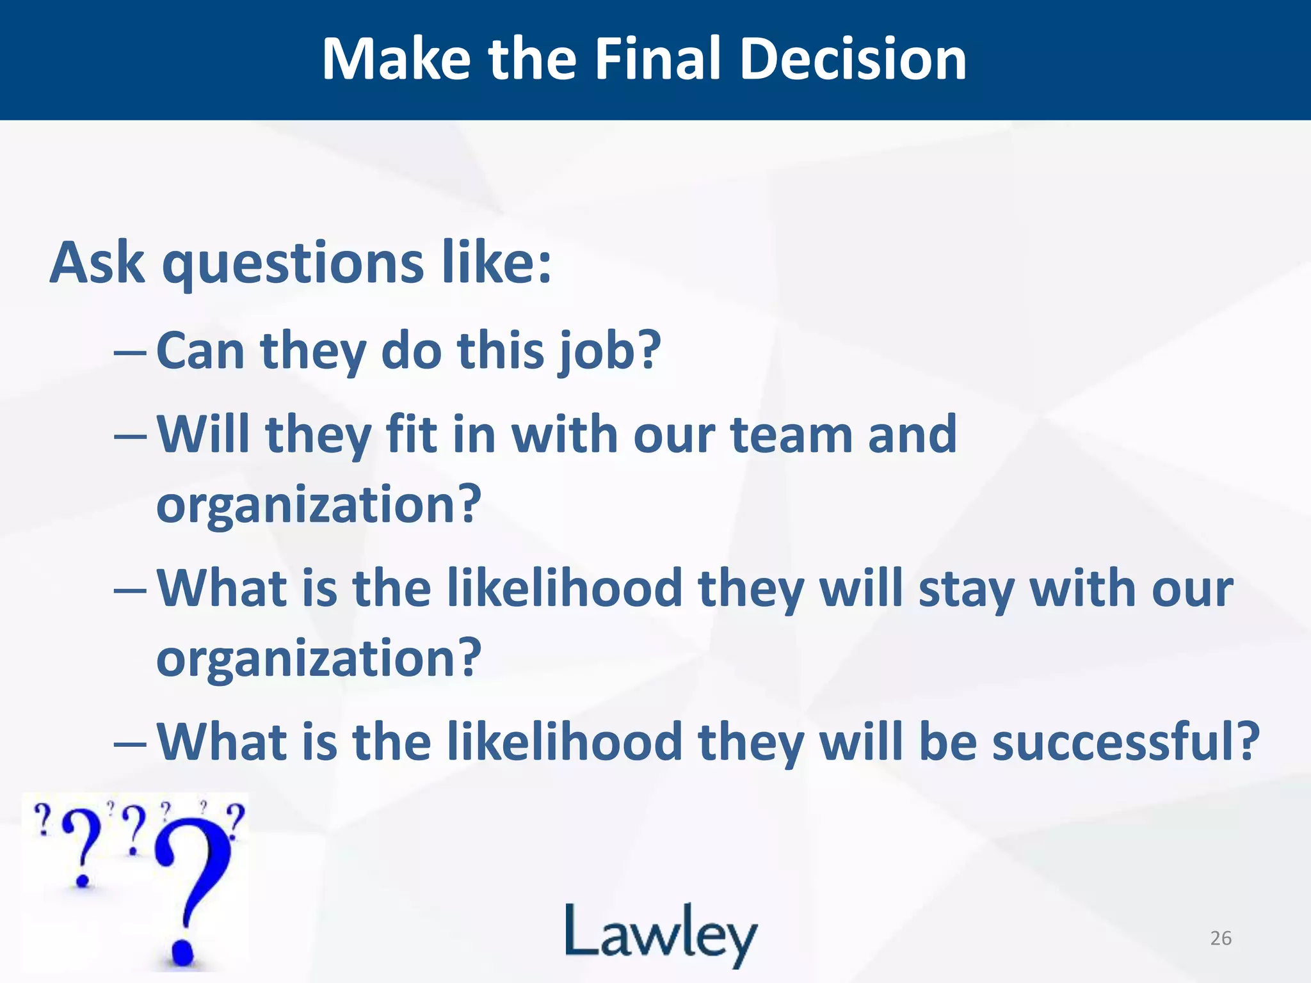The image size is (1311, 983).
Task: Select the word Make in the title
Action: (x=396, y=59)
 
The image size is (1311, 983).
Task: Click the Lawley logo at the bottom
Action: (x=661, y=934)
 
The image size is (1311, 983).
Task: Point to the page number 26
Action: (x=1221, y=938)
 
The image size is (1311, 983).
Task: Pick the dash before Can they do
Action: (x=131, y=353)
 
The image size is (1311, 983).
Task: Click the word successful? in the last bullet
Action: (x=1126, y=742)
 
